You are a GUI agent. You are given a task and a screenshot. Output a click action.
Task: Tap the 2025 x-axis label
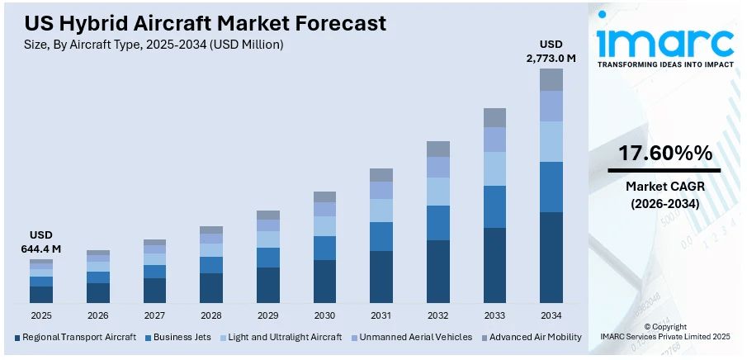click(x=41, y=315)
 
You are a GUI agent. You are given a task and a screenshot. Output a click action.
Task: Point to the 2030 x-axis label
click(x=324, y=315)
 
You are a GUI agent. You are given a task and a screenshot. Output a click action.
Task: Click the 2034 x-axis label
click(x=551, y=315)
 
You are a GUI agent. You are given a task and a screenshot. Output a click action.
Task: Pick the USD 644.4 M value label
click(x=41, y=242)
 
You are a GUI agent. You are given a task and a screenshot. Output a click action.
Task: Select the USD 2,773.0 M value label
click(x=551, y=50)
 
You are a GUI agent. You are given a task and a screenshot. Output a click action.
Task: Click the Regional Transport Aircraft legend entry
click(x=74, y=337)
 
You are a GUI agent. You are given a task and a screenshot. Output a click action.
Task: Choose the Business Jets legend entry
click(x=177, y=337)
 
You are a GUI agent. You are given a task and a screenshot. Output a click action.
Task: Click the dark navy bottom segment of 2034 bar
click(x=551, y=257)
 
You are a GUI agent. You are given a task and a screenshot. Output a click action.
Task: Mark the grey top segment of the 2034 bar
click(x=551, y=79)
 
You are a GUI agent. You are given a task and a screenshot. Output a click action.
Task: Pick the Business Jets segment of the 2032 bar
click(x=438, y=223)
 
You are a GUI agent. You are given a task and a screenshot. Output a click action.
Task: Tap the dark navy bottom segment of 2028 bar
click(x=211, y=287)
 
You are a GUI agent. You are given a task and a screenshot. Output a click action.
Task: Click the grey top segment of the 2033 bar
click(x=494, y=117)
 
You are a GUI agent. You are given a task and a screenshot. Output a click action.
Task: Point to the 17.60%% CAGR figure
click(x=665, y=153)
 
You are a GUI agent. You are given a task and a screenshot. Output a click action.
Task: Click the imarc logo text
click(x=664, y=41)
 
